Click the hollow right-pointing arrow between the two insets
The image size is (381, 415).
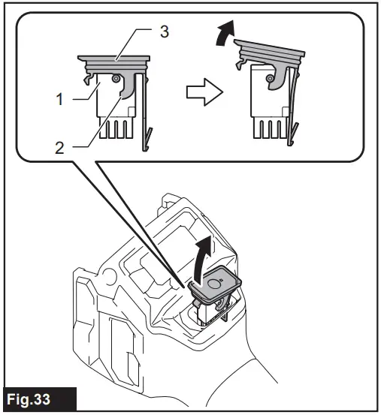(x=203, y=93)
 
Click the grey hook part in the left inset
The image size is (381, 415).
(x=129, y=89)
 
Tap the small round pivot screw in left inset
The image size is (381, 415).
(x=114, y=79)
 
